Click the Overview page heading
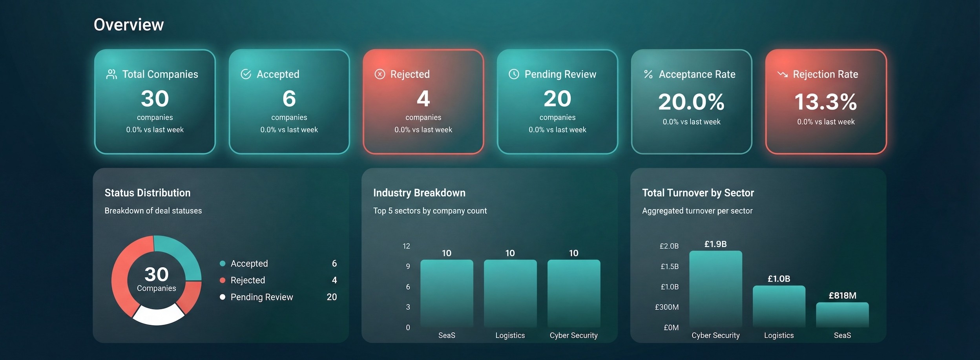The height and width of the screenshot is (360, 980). (128, 25)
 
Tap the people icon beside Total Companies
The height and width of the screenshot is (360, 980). (111, 74)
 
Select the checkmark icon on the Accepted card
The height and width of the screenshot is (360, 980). (246, 74)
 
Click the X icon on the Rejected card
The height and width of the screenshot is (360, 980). (380, 74)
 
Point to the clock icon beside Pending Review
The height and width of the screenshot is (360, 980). (514, 74)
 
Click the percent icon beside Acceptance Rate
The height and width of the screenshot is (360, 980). (648, 74)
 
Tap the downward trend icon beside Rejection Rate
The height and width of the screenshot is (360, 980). (782, 74)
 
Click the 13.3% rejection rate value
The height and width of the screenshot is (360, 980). (825, 102)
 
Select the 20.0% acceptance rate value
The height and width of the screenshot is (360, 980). (691, 102)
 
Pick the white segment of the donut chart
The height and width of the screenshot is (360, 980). (158, 316)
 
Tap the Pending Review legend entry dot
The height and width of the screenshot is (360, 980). (223, 297)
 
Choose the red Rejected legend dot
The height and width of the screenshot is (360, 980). (223, 280)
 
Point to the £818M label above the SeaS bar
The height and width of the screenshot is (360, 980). (842, 296)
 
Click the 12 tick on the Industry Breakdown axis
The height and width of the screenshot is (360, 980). (406, 246)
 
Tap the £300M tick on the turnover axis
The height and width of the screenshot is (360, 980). (666, 307)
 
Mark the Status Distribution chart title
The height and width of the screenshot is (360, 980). (147, 193)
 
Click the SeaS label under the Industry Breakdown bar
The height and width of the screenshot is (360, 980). (447, 335)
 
